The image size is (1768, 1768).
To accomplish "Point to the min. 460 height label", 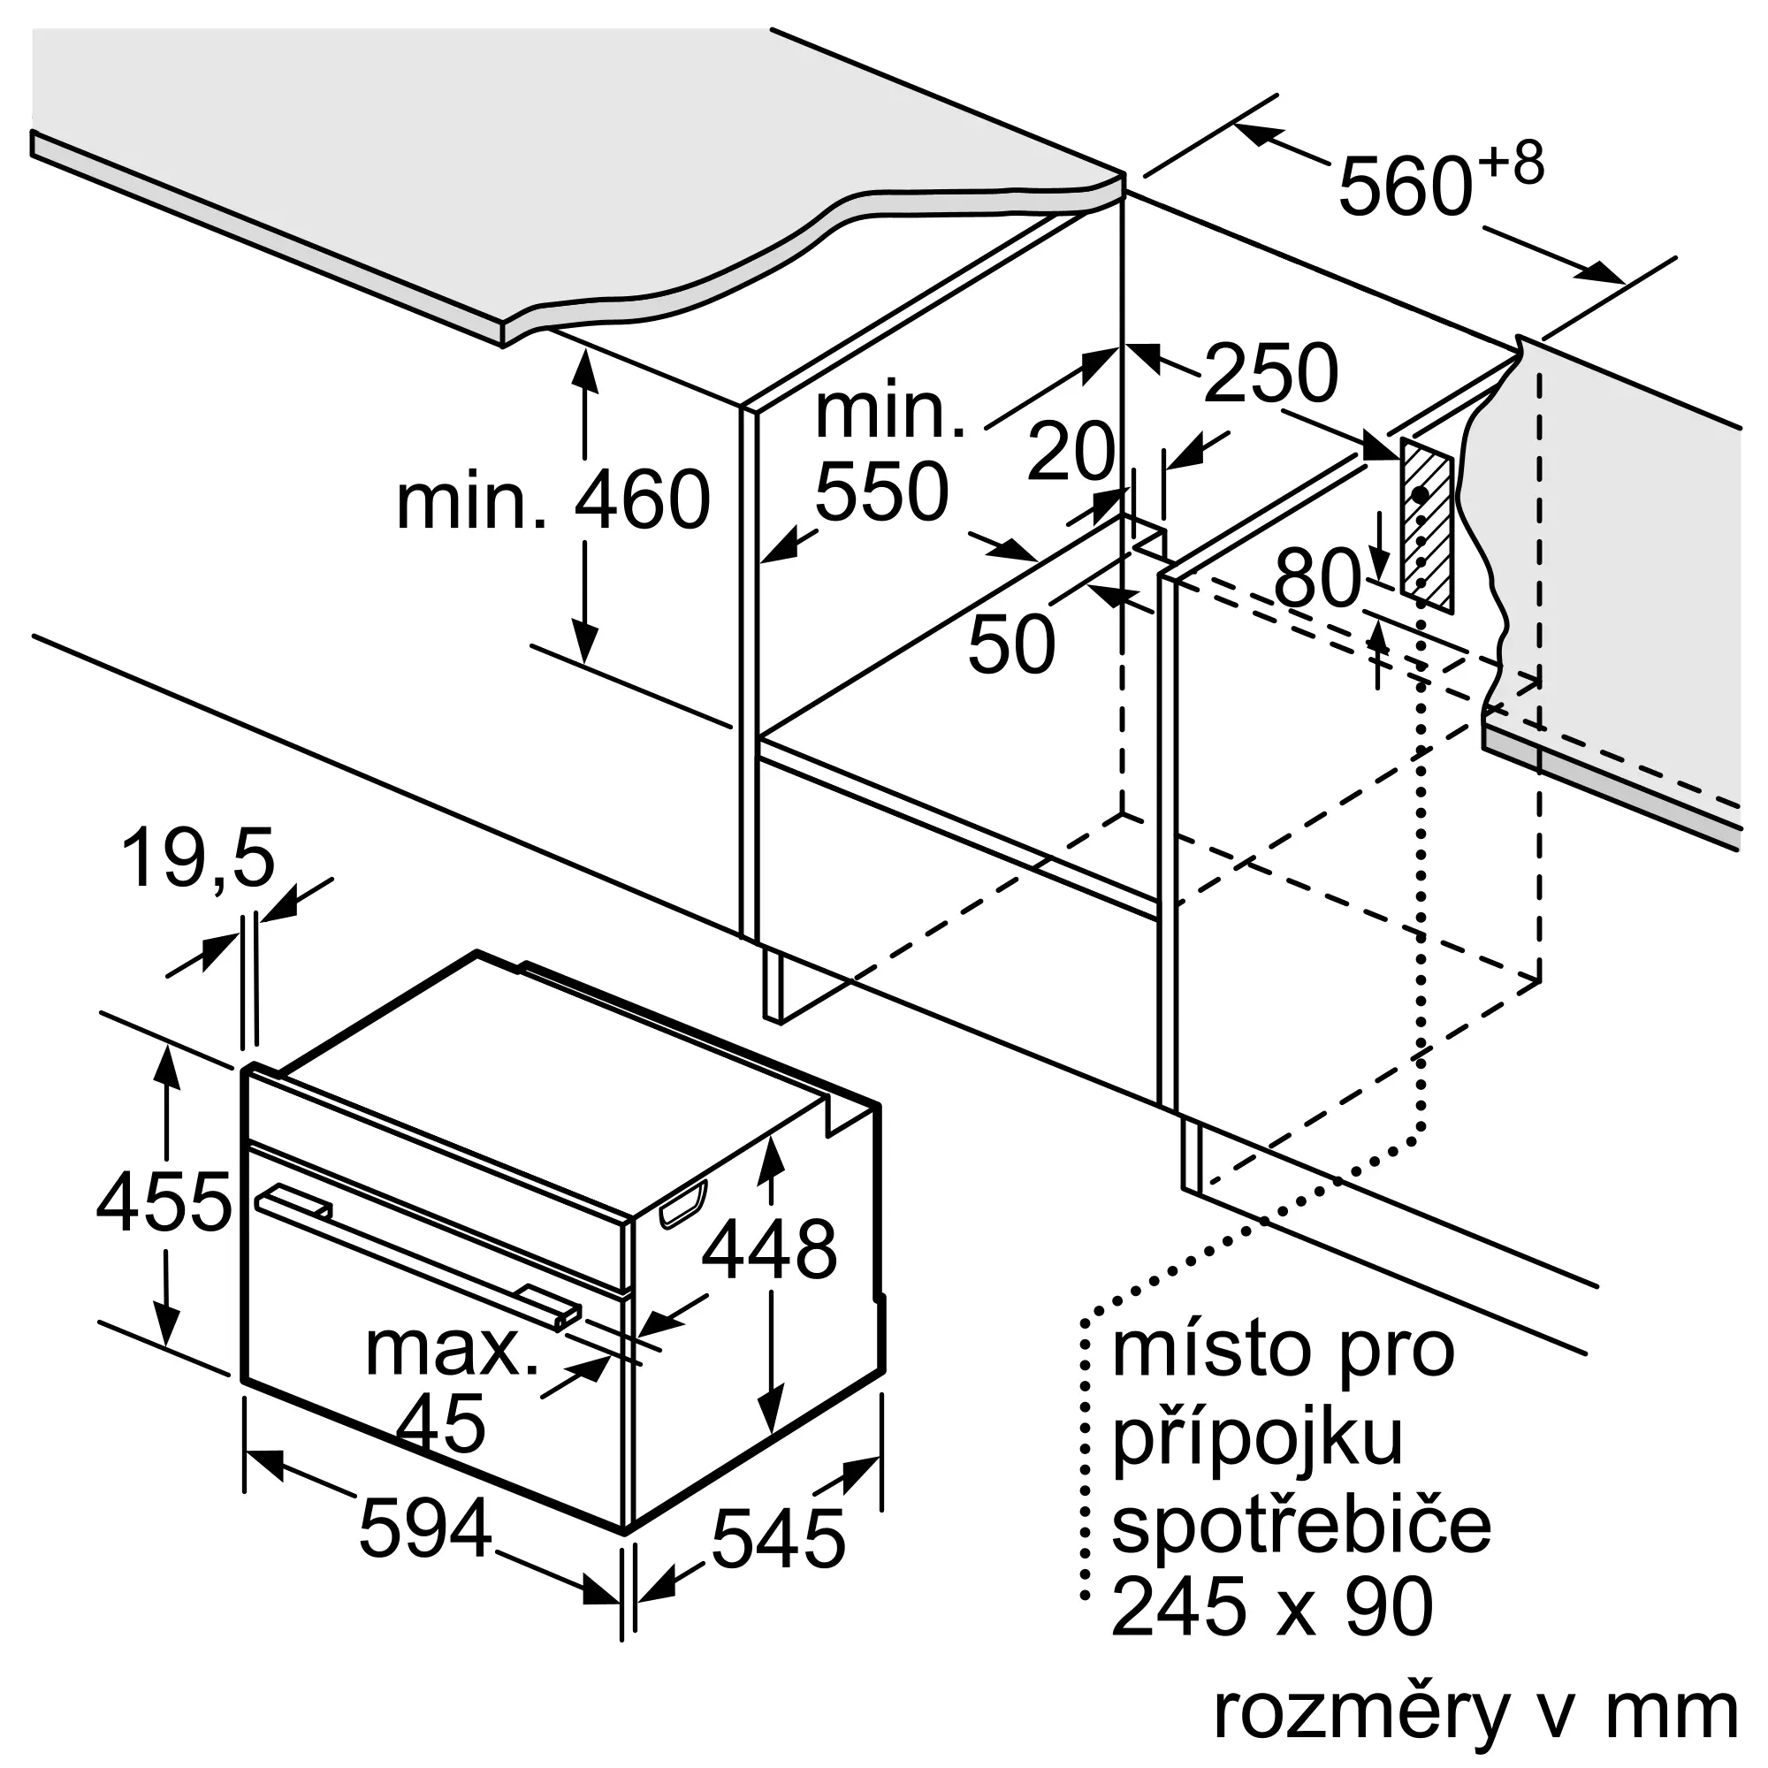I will pyautogui.click(x=552, y=499).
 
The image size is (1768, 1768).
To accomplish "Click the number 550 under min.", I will pyautogui.click(x=881, y=492).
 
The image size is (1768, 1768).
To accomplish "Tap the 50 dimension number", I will pyautogui.click(x=1011, y=644).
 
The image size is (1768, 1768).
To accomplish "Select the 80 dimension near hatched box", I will pyautogui.click(x=1318, y=578).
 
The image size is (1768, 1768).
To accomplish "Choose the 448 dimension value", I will pyautogui.click(x=769, y=1249).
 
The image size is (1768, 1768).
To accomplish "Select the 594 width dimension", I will pyautogui.click(x=425, y=1528).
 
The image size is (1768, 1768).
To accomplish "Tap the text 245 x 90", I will pyautogui.click(x=1272, y=1608).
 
